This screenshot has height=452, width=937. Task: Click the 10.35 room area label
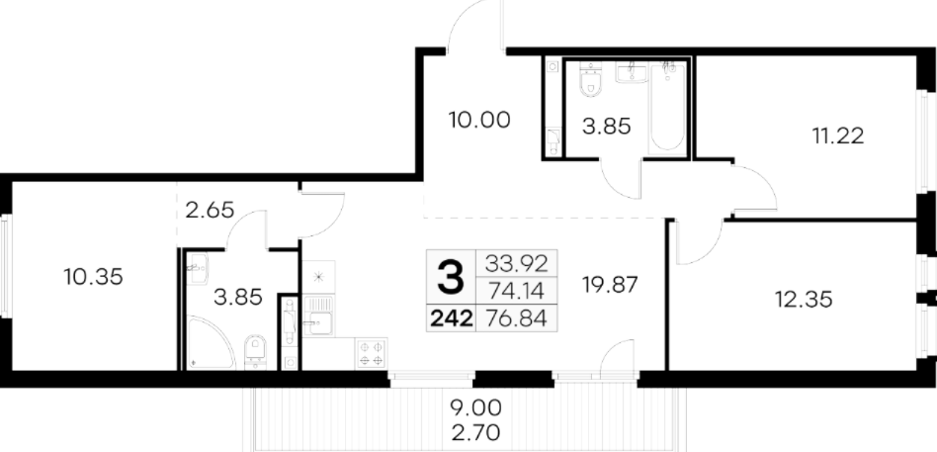coord(93,277)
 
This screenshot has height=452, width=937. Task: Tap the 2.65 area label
coord(210,211)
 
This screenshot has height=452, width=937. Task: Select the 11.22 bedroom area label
coord(838,136)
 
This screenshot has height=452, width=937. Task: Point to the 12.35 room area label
coord(804,299)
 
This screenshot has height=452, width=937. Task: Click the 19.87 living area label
coord(610,285)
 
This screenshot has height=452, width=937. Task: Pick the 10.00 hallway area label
coord(479,121)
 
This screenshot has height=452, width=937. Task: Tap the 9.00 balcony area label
coord(475,408)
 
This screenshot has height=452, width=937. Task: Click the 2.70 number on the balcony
coord(475,431)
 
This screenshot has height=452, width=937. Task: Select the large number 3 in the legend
coord(450,277)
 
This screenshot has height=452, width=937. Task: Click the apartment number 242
coord(452,318)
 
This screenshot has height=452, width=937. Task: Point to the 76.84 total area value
coord(516,318)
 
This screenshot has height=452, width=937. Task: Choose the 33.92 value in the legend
coord(516,263)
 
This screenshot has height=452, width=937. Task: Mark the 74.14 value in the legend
coord(516,291)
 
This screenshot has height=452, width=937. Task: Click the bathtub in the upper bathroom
coord(667,107)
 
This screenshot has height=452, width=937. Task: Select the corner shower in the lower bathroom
coord(210,342)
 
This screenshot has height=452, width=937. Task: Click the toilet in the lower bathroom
coord(255,351)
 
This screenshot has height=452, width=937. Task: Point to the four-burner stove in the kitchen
coord(371,353)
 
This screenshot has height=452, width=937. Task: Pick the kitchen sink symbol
coord(318,316)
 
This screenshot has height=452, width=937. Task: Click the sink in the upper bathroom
coord(632,73)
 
